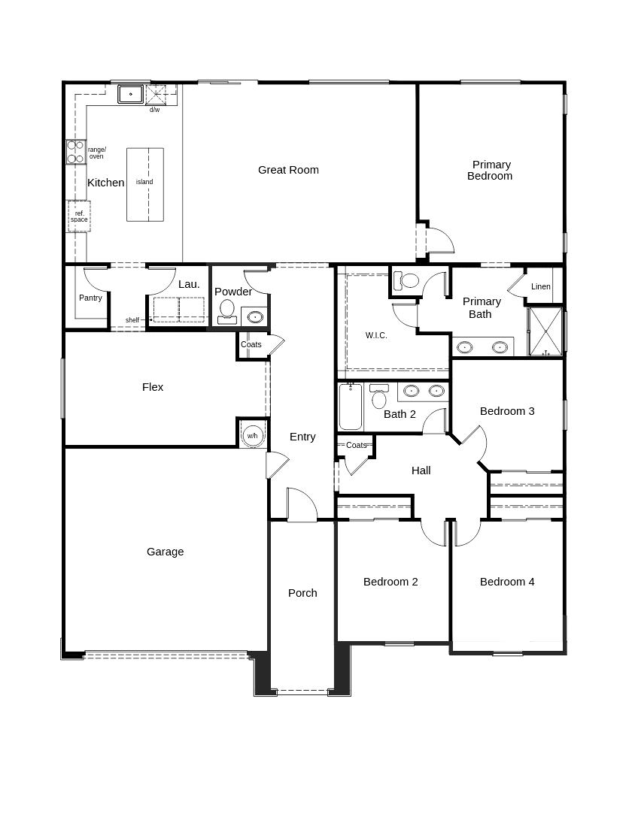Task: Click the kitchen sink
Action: pyautogui.click(x=130, y=94)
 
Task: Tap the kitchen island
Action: pyautogui.click(x=144, y=184)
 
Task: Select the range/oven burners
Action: pyautogui.click(x=75, y=152)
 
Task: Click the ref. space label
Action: pyautogui.click(x=79, y=216)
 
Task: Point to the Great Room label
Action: pyautogui.click(x=288, y=170)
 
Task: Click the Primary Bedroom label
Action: pyautogui.click(x=491, y=170)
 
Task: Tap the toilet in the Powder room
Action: pyautogui.click(x=226, y=310)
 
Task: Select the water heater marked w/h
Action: pyautogui.click(x=252, y=436)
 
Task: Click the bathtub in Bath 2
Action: pyautogui.click(x=350, y=407)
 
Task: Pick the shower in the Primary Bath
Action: pyautogui.click(x=545, y=331)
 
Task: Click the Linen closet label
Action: pyautogui.click(x=541, y=286)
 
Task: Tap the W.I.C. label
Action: pyautogui.click(x=376, y=335)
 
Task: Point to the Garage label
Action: pyautogui.click(x=165, y=552)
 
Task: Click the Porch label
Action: pyautogui.click(x=302, y=593)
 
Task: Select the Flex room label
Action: pyautogui.click(x=153, y=387)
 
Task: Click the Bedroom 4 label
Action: pyautogui.click(x=507, y=582)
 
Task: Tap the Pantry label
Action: pyautogui.click(x=90, y=298)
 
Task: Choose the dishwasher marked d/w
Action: pyautogui.click(x=156, y=95)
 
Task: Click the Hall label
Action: pyautogui.click(x=421, y=470)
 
